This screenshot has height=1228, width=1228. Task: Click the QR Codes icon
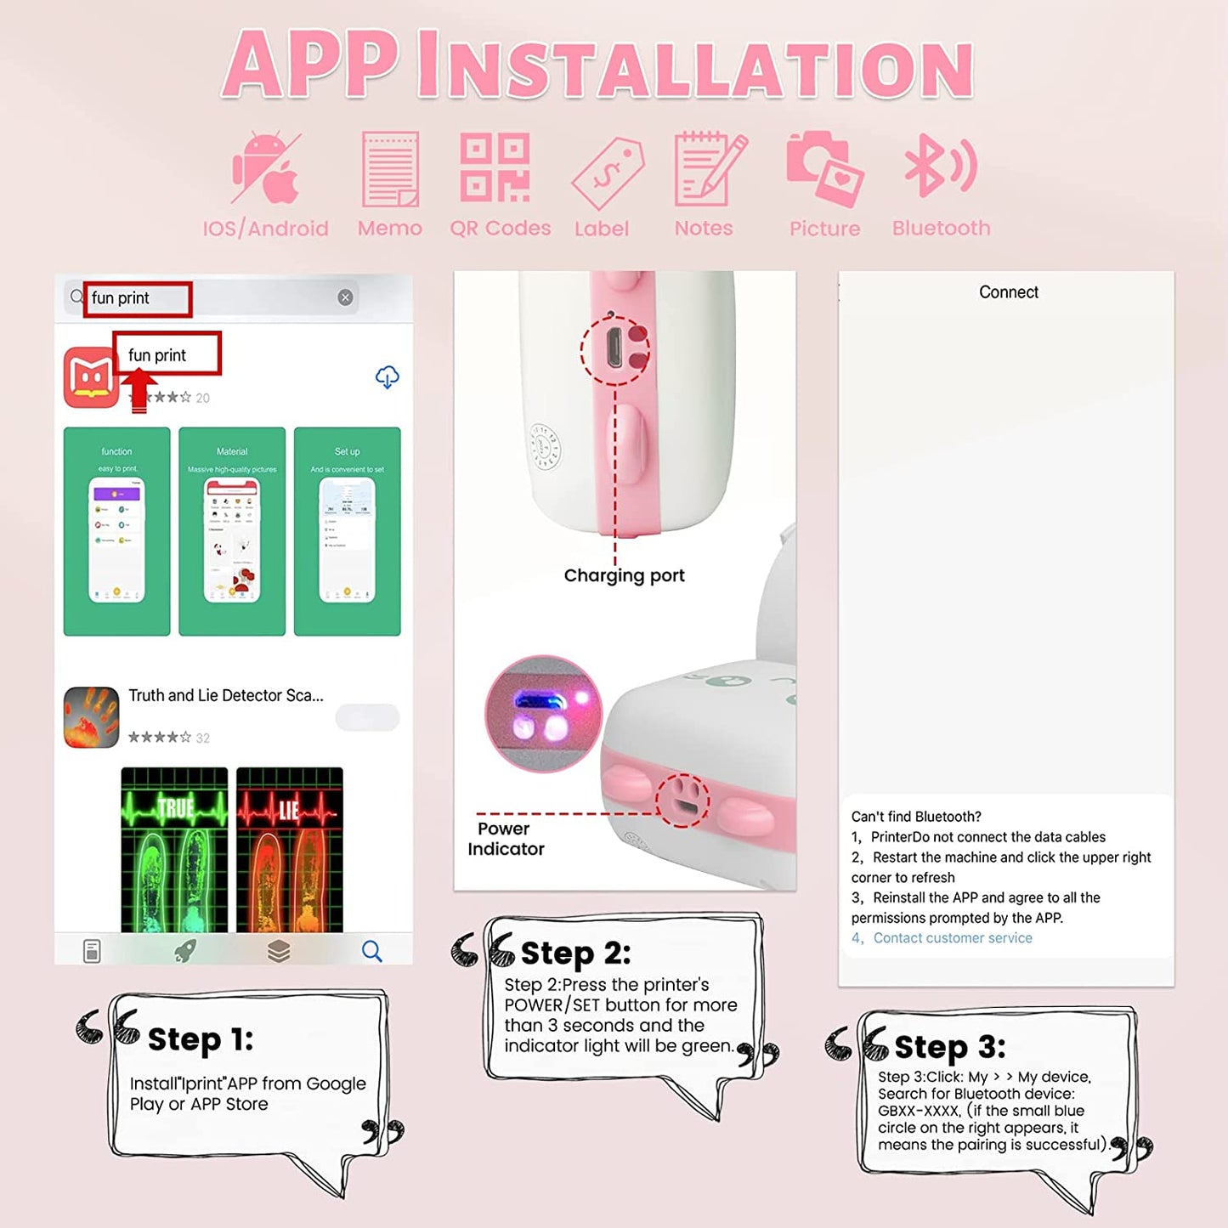coord(495,167)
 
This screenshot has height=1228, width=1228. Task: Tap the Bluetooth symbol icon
coord(940,167)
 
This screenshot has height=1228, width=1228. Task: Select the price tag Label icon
coord(608,173)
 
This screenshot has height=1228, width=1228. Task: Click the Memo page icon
coord(390,169)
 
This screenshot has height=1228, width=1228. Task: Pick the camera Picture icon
coord(824,168)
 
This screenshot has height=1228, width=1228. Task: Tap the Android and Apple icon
coord(267,168)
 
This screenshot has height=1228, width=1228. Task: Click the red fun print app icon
coord(91,377)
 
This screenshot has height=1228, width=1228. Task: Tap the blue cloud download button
coord(388,376)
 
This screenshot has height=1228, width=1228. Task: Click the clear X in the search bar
coord(345,297)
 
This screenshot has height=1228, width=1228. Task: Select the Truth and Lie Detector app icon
coord(91,717)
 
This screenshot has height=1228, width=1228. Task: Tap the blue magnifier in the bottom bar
coord(371,950)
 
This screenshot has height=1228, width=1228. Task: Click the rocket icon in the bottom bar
coord(185,950)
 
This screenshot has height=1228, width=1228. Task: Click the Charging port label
coord(624,575)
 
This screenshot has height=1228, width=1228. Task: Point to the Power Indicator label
coord(506,839)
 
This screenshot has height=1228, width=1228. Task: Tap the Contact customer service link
coord(952,938)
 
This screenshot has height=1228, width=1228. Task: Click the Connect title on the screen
coord(1008,292)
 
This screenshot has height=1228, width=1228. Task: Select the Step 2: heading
coord(575,954)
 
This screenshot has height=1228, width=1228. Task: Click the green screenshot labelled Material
coord(232,531)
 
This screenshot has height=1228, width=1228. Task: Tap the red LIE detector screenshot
coord(290,850)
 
